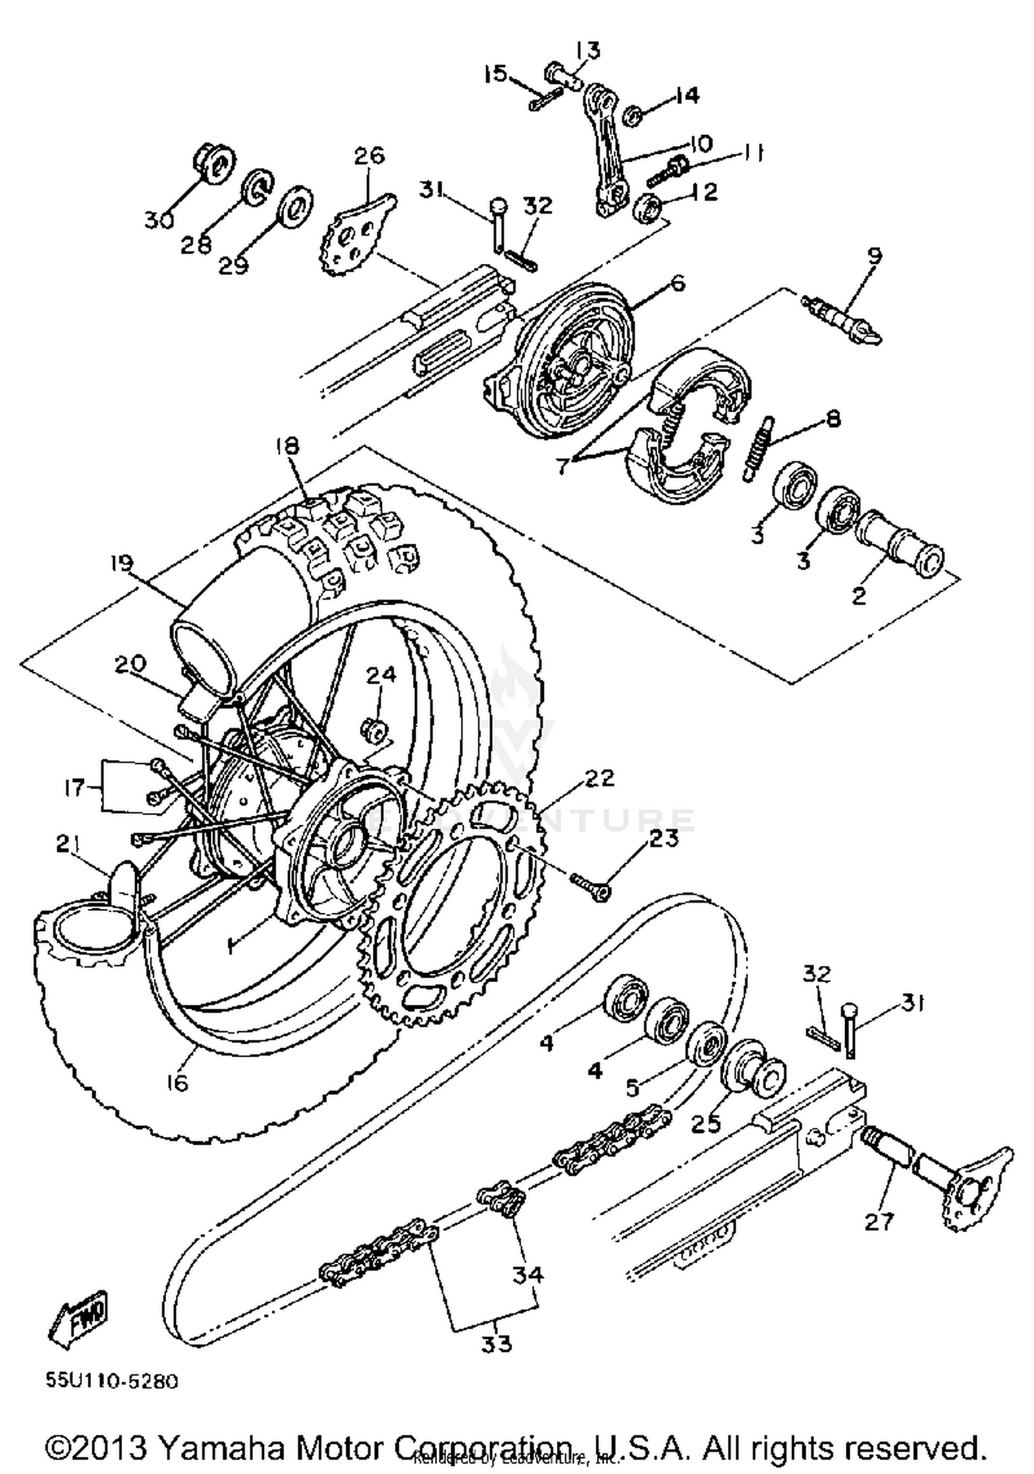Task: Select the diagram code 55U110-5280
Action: [x=112, y=1381]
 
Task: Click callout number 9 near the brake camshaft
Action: [x=874, y=256]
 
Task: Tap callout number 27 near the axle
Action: [x=878, y=1222]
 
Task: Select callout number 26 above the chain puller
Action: [x=369, y=155]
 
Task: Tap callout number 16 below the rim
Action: [x=178, y=1083]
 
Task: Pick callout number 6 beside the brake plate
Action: [x=678, y=282]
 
